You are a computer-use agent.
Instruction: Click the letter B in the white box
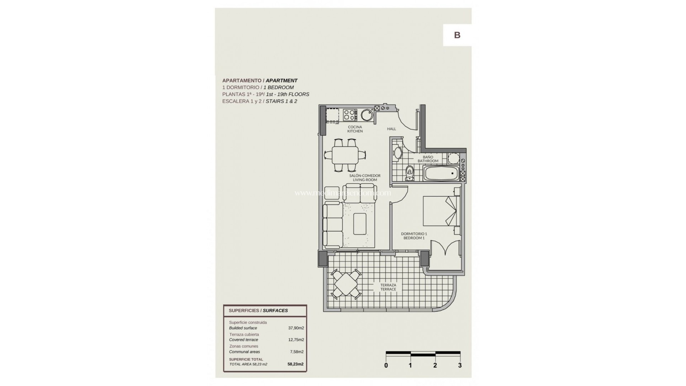pyautogui.click(x=457, y=35)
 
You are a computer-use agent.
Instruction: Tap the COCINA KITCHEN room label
pyautogui.click(x=355, y=129)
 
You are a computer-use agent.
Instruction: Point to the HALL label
pyautogui.click(x=392, y=129)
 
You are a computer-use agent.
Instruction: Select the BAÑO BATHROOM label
pyautogui.click(x=428, y=159)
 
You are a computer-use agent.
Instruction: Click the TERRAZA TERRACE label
pyautogui.click(x=388, y=287)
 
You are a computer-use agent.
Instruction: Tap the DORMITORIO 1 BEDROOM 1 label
pyautogui.click(x=414, y=236)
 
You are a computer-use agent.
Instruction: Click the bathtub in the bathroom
pyautogui.click(x=441, y=173)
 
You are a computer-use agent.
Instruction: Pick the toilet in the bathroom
pyautogui.click(x=409, y=173)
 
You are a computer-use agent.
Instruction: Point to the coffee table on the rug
pyautogui.click(x=360, y=224)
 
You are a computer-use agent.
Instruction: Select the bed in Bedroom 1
pyautogui.click(x=440, y=211)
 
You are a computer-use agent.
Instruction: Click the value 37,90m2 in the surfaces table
pyautogui.click(x=296, y=328)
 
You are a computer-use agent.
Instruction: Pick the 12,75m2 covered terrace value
pyautogui.click(x=296, y=340)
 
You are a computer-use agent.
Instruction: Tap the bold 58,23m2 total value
pyautogui.click(x=295, y=364)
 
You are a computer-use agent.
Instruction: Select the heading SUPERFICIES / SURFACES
pyautogui.click(x=258, y=311)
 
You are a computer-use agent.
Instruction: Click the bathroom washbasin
pyautogui.click(x=397, y=153)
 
